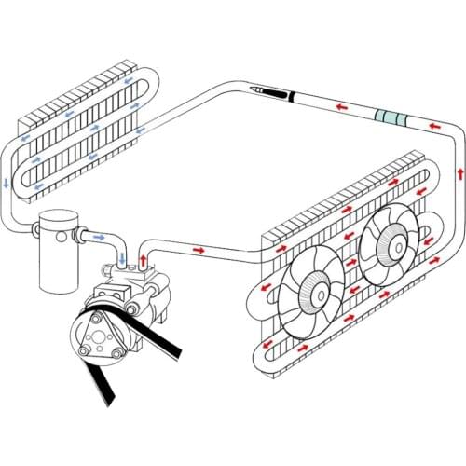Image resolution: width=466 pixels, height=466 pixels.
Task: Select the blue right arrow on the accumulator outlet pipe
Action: pyautogui.click(x=100, y=240)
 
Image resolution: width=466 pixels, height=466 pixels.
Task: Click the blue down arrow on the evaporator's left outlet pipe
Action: pyautogui.click(x=8, y=182)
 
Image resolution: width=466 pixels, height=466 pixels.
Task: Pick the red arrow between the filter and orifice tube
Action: pyautogui.click(x=343, y=109)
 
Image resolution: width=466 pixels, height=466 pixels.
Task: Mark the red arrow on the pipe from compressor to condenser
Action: pyautogui.click(x=199, y=251)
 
